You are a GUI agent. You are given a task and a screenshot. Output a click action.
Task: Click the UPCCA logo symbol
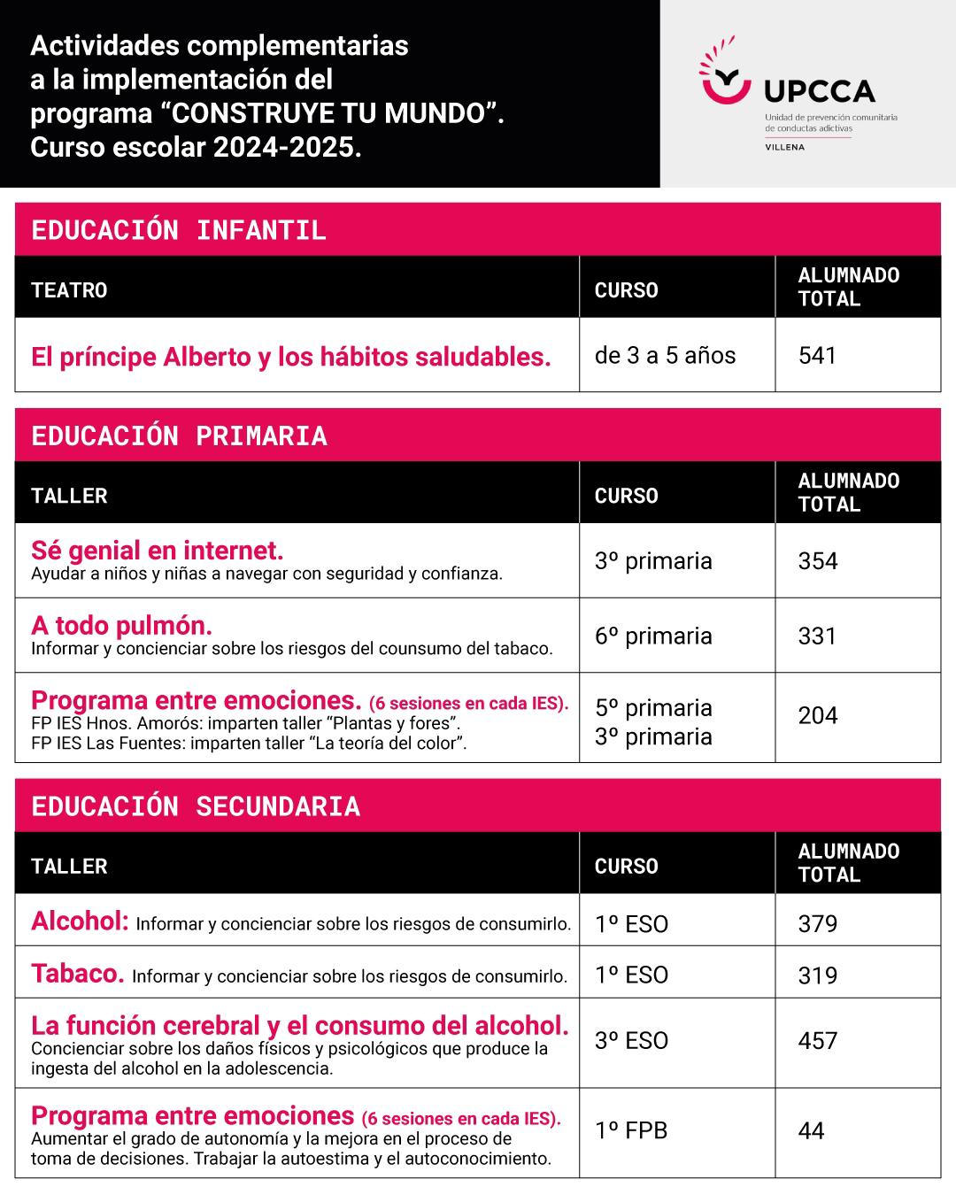pos(724,74)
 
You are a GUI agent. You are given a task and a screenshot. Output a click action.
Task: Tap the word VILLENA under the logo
pos(784,147)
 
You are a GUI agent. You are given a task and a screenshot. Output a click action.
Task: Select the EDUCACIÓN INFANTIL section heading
pos(179,230)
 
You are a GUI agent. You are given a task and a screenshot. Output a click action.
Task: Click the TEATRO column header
pos(69,290)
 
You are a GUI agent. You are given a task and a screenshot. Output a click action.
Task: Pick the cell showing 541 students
pos(817,356)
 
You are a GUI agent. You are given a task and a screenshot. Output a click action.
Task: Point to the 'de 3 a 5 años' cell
pos(665,356)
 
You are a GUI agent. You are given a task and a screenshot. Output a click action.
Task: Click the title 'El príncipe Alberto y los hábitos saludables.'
pos(291,357)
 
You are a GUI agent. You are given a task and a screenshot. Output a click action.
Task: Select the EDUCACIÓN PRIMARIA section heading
pos(179,436)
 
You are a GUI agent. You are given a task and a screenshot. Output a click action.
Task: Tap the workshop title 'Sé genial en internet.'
pos(158,551)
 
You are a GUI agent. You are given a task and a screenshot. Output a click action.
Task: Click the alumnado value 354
pos(817,561)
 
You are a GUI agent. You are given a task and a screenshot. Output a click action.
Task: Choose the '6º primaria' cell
pos(653,636)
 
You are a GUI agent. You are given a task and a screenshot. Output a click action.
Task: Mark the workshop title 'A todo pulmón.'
pos(121,626)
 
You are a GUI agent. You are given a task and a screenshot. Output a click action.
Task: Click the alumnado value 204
pos(817,715)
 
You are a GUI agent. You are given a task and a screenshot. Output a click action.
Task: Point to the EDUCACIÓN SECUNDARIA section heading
pos(196,806)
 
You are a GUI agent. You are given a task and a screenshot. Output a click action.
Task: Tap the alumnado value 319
pos(817,975)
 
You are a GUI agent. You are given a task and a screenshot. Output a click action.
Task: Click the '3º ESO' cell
pos(631,1041)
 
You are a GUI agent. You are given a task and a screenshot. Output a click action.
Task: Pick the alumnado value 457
pos(817,1041)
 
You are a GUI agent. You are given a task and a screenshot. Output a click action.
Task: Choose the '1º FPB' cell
pos(631,1130)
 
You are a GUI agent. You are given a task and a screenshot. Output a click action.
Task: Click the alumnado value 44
pos(811,1131)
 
